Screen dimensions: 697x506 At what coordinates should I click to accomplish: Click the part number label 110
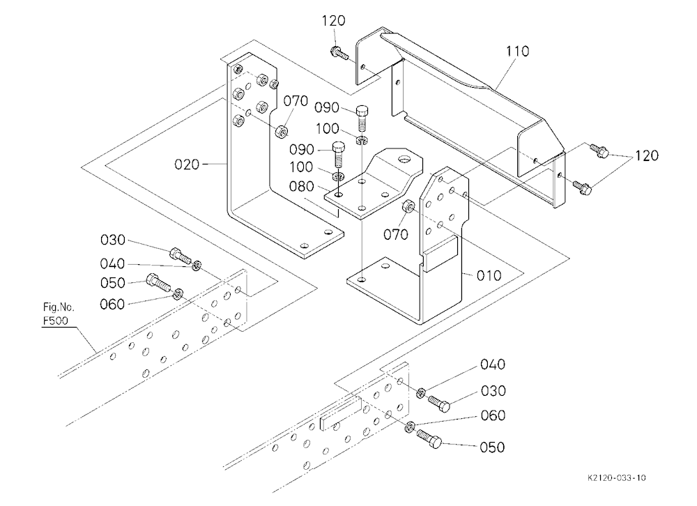pyautogui.click(x=517, y=51)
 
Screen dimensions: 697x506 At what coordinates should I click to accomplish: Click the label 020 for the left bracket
pyautogui.click(x=187, y=165)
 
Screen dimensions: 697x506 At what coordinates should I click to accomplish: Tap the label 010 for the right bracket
pyautogui.click(x=489, y=276)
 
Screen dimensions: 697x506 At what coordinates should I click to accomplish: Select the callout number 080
pyautogui.click(x=301, y=186)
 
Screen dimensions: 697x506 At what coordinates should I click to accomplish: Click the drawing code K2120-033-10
pyautogui.click(x=617, y=478)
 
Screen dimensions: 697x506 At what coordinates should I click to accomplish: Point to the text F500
pyautogui.click(x=56, y=321)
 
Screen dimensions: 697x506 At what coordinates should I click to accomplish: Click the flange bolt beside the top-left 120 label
pyautogui.click(x=339, y=53)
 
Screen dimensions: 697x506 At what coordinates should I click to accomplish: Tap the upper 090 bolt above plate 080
pyautogui.click(x=362, y=116)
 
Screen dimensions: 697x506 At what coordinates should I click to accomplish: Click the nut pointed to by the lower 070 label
pyautogui.click(x=408, y=207)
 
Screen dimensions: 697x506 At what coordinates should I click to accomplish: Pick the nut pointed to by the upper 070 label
pyautogui.click(x=282, y=131)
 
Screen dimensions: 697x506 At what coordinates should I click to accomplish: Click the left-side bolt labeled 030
pyautogui.click(x=181, y=255)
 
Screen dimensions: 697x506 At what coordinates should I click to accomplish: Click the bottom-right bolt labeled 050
pyautogui.click(x=429, y=439)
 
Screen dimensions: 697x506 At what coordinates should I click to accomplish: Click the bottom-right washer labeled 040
pyautogui.click(x=420, y=393)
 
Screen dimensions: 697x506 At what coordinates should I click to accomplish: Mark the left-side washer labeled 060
pyautogui.click(x=178, y=293)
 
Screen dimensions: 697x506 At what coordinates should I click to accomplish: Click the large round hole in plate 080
pyautogui.click(x=404, y=158)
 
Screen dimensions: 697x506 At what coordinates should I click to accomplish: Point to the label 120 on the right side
pyautogui.click(x=646, y=155)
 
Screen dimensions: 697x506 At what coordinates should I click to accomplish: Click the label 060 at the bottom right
pyautogui.click(x=493, y=415)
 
